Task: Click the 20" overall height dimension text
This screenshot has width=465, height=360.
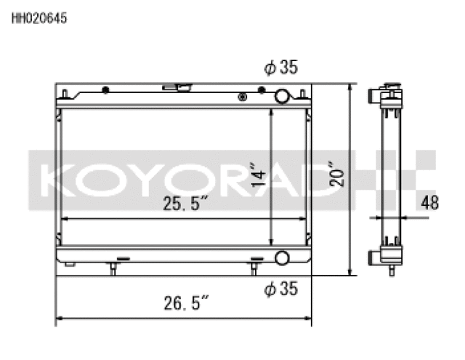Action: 336,174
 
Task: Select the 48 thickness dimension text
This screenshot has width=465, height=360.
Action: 430,203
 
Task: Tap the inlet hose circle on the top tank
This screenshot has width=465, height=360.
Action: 282,97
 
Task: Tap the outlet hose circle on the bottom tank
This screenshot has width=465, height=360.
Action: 281,257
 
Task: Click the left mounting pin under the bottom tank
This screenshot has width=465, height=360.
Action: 113,268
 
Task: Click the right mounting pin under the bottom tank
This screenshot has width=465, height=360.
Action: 253,268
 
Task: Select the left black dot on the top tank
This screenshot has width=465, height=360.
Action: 106,90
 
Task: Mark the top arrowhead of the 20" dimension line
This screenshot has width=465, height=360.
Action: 352,87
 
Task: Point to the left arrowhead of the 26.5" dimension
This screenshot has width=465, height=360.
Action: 60,318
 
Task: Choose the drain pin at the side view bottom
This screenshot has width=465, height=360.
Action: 391,271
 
